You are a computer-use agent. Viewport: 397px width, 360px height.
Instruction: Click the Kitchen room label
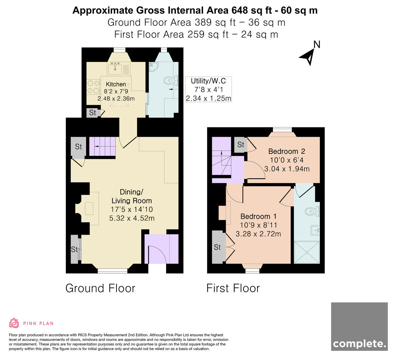[116, 84]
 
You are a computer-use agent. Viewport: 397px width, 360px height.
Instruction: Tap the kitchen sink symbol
[115, 68]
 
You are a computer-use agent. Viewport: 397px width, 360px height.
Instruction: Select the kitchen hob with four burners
[93, 87]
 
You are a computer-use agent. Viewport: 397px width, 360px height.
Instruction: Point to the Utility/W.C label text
[208, 81]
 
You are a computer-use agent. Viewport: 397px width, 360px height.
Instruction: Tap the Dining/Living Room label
[132, 196]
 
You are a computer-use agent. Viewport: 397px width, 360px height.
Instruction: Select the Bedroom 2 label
[287, 151]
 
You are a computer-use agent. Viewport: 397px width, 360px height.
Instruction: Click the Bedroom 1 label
[258, 216]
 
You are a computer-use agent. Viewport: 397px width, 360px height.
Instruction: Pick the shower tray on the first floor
[307, 252]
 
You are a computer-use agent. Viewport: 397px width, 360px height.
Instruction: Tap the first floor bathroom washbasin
[315, 230]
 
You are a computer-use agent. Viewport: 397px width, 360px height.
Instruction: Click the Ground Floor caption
[100, 288]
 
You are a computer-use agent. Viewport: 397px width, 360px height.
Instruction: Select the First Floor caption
[233, 288]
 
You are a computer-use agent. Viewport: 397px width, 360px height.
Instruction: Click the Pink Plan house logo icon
[14, 323]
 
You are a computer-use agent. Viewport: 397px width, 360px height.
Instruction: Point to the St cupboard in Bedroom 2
[241, 145]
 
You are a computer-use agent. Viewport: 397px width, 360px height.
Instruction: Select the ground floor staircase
[102, 147]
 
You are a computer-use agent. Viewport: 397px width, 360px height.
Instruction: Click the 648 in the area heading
[240, 10]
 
